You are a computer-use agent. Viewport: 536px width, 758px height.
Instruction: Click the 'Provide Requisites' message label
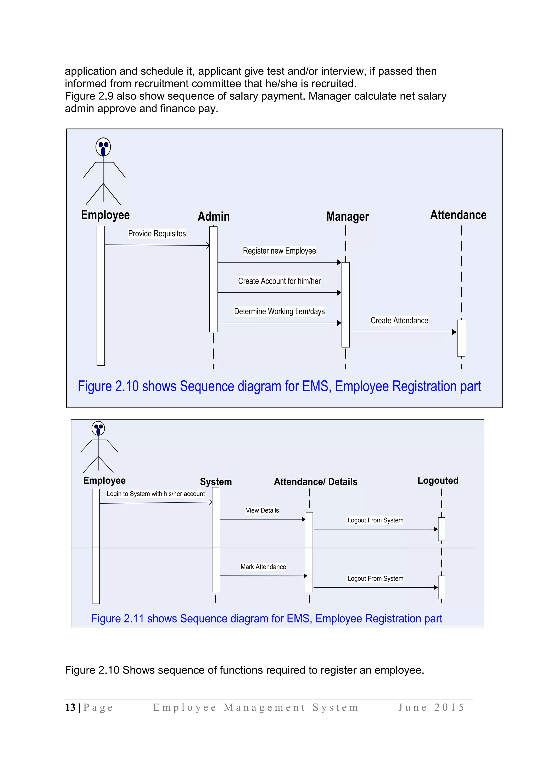click(157, 233)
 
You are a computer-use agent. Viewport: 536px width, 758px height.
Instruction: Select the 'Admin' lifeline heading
click(214, 216)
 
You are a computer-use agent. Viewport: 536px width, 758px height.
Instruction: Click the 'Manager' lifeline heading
click(347, 216)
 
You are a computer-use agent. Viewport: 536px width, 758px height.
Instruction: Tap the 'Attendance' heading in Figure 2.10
click(458, 215)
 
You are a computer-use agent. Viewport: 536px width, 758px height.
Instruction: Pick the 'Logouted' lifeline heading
click(438, 480)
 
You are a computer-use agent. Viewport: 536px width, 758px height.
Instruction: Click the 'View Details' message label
click(263, 510)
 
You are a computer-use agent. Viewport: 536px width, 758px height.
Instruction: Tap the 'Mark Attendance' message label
click(263, 567)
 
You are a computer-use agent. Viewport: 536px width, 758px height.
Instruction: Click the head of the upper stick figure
click(103, 147)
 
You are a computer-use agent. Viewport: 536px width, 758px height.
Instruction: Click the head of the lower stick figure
click(98, 428)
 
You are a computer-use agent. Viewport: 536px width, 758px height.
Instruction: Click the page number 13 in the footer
click(70, 707)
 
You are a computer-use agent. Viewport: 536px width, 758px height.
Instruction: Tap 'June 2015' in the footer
click(431, 707)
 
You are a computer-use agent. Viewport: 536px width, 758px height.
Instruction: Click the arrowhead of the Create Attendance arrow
click(454, 332)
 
